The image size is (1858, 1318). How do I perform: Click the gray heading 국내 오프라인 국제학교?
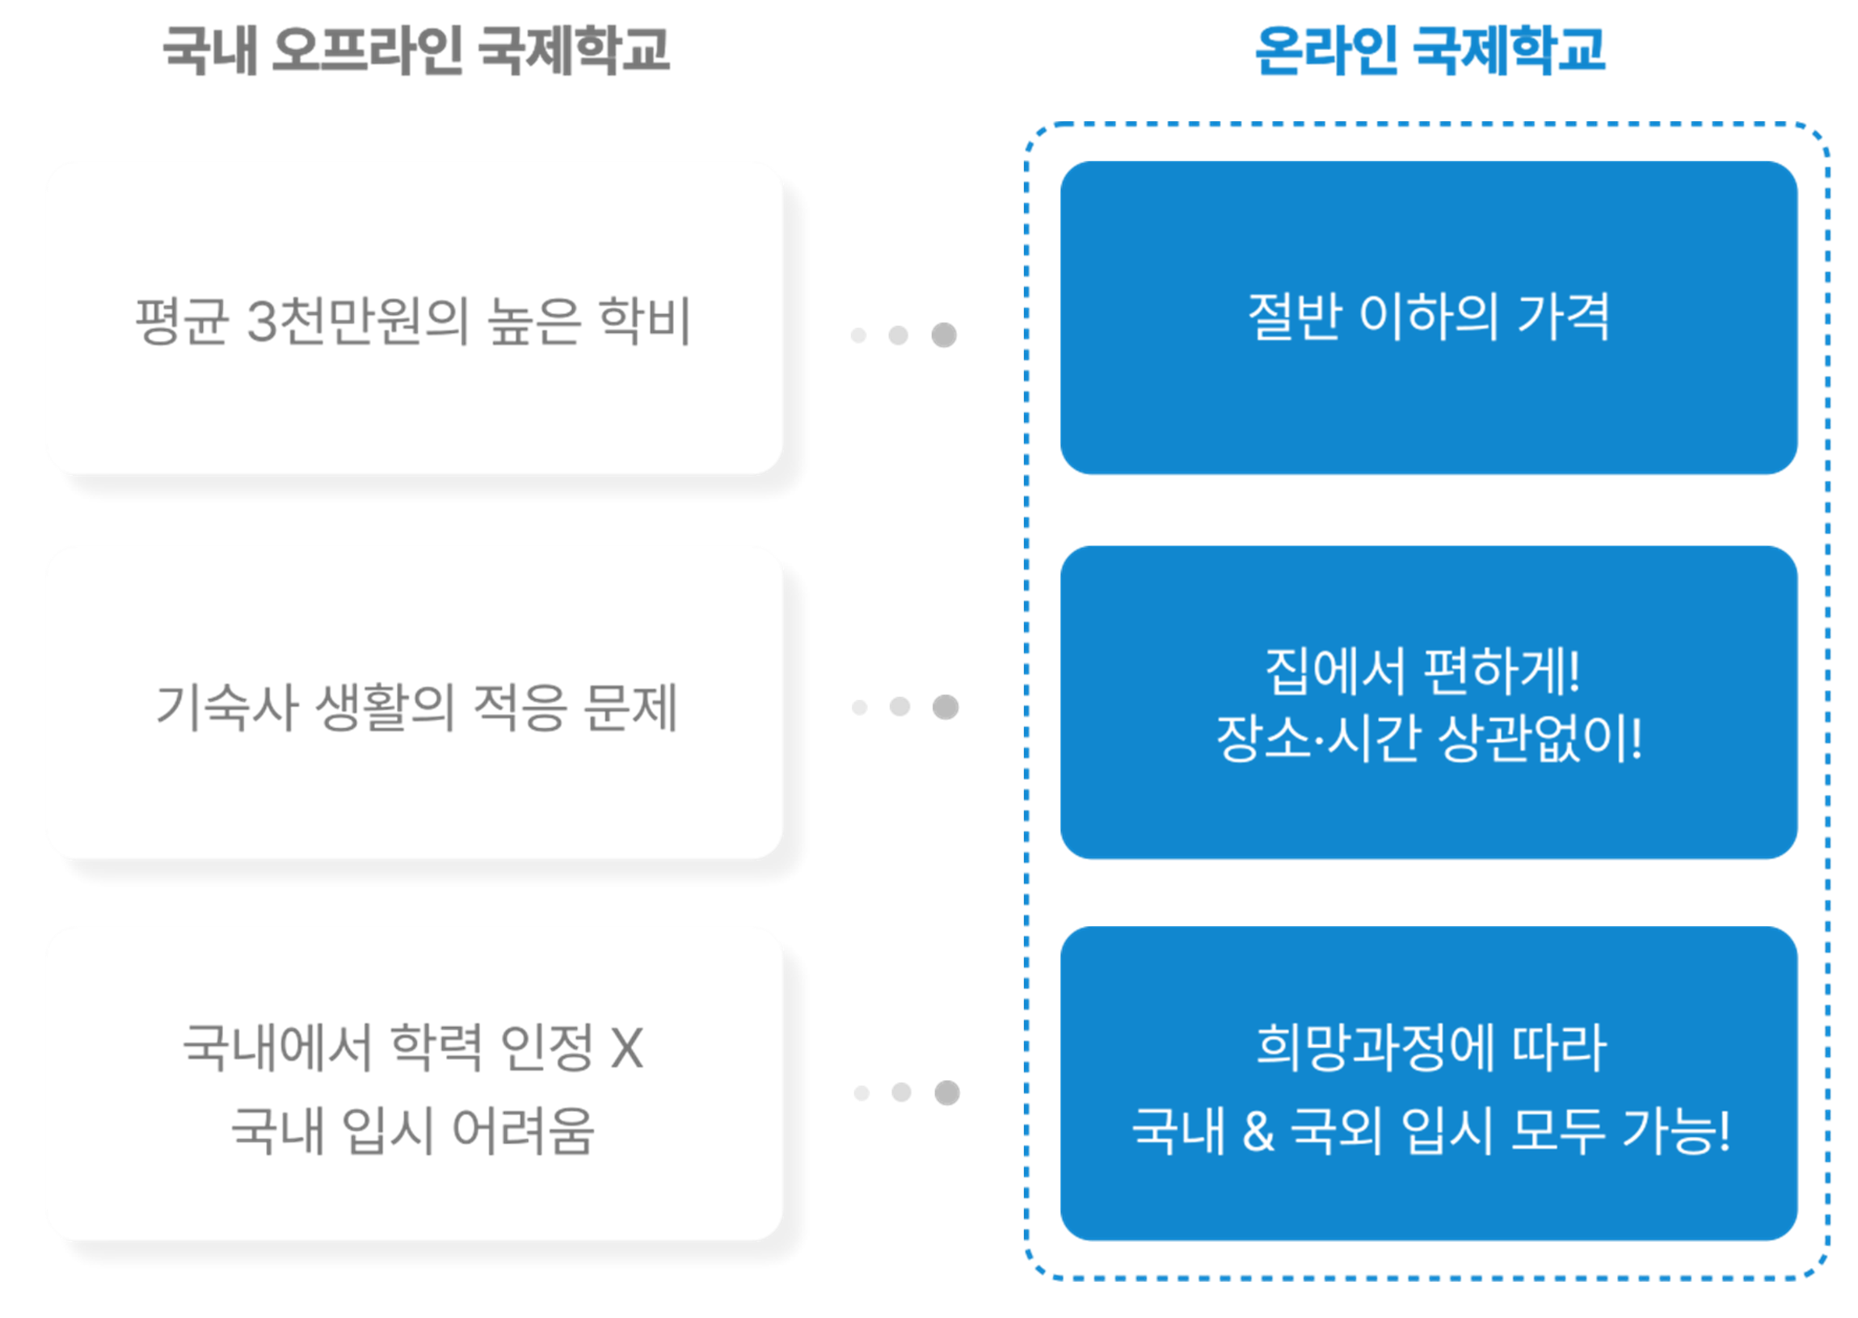point(416,50)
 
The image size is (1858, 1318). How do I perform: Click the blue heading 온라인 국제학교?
point(1430,50)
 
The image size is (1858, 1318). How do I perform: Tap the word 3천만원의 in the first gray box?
point(358,321)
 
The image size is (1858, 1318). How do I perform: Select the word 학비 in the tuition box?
point(644,321)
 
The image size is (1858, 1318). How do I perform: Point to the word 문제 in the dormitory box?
point(630,707)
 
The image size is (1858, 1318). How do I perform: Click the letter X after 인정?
point(626,1048)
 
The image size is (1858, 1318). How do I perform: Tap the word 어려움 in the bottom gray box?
point(524,1131)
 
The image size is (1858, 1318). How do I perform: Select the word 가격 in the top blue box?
point(1563,317)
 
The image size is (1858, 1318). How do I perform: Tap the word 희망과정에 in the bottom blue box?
point(1375,1048)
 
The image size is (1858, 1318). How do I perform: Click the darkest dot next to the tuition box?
point(943,335)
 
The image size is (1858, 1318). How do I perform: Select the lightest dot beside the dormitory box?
point(860,708)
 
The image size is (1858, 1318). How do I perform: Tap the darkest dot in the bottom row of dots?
point(946,1093)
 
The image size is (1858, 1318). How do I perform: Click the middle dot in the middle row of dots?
point(900,707)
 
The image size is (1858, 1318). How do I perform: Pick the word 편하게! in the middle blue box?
point(1502,672)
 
